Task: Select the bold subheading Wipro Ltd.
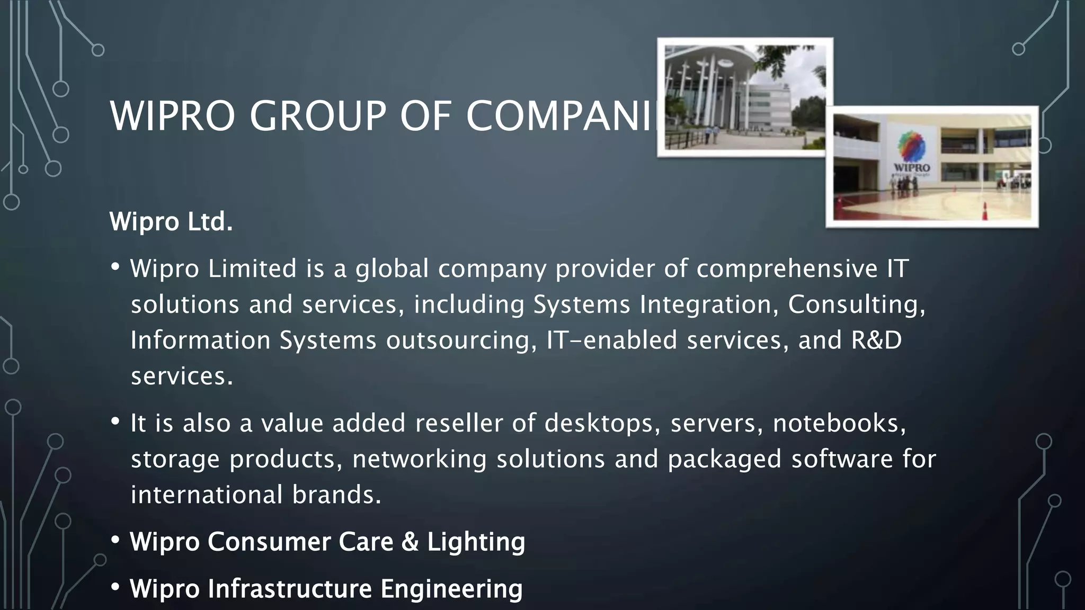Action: pos(171,221)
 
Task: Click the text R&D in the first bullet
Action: pos(876,340)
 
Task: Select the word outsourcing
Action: pos(458,340)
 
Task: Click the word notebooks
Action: pos(839,423)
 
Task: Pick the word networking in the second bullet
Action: pos(419,459)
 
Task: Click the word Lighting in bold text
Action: pos(476,542)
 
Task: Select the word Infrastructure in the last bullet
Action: pos(290,588)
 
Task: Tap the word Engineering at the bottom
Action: pos(451,589)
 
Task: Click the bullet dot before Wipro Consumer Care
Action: pos(115,541)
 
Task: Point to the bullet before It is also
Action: pos(115,422)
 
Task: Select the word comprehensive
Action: pos(787,268)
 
